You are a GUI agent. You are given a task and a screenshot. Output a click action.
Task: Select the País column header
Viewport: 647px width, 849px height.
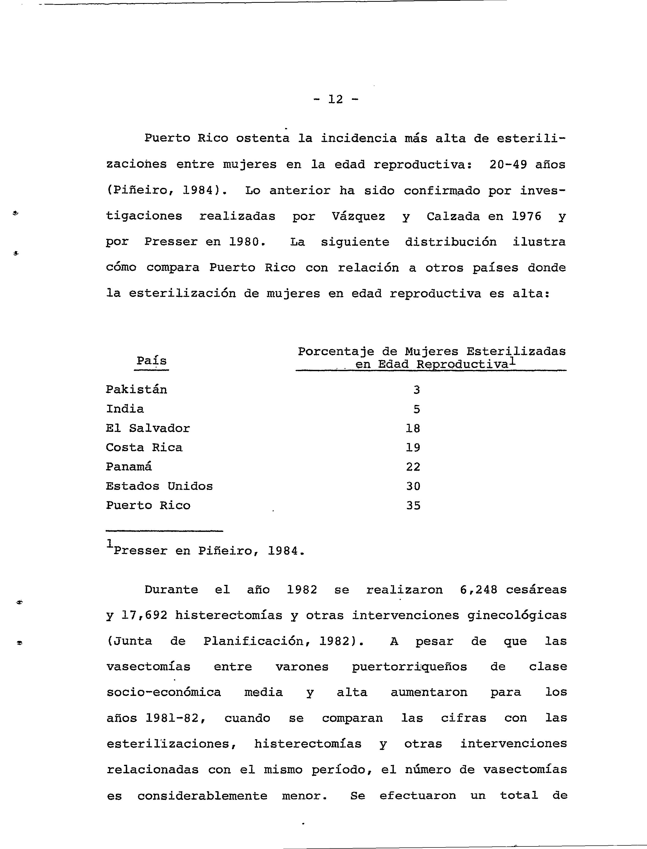pos(151,361)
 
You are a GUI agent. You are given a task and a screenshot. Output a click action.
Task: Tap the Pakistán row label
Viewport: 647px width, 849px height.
pos(136,390)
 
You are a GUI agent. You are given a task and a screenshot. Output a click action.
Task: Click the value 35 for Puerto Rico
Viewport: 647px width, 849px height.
pos(413,506)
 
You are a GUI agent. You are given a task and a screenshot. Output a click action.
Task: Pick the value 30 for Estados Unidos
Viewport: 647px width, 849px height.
pos(413,486)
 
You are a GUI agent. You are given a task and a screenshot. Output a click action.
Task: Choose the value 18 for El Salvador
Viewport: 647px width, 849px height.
pos(413,428)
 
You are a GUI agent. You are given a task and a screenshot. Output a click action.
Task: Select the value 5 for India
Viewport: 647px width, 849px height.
pos(417,409)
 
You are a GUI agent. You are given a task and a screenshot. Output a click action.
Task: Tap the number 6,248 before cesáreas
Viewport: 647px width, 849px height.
pos(479,590)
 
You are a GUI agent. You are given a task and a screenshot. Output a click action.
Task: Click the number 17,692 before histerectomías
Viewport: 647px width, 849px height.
pos(144,616)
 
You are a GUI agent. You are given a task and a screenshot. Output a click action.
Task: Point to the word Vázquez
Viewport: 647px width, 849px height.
pos(358,217)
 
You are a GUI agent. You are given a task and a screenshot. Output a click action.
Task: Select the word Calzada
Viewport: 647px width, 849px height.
pos(453,217)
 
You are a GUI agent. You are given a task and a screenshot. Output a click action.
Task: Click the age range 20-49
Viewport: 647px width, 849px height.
pos(508,165)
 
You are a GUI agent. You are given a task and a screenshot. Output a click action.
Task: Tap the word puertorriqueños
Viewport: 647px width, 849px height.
pos(409,667)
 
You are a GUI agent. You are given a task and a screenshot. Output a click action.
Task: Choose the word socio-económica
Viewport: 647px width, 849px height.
pos(164,693)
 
